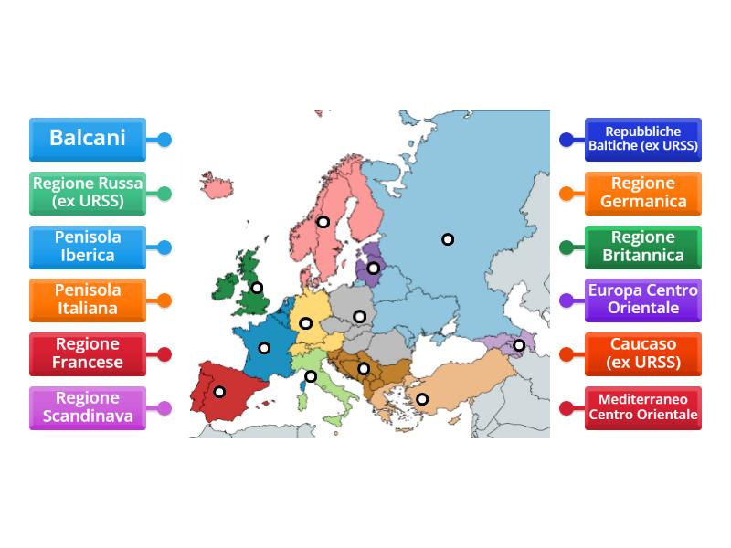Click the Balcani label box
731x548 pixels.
click(87, 139)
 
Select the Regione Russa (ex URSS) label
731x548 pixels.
click(87, 193)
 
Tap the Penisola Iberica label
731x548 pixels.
click(87, 247)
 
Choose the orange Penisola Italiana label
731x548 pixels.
click(87, 300)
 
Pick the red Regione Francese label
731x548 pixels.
click(87, 353)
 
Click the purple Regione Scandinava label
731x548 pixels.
click(87, 407)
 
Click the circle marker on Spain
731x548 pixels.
click(219, 392)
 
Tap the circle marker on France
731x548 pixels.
click(264, 348)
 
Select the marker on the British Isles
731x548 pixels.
click(257, 288)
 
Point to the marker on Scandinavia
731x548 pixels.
click(323, 221)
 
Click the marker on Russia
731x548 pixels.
click(448, 239)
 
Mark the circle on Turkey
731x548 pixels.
click(422, 398)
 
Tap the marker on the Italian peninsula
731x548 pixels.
click(311, 376)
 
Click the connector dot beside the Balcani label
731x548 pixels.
click(164, 140)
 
